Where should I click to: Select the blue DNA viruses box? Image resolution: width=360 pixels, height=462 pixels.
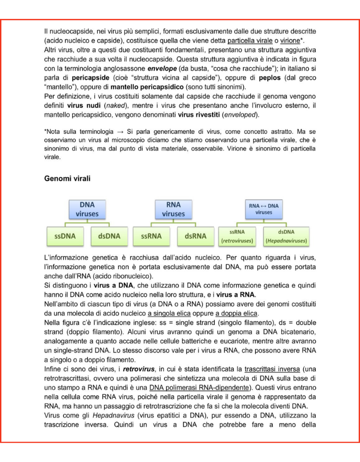[87, 209]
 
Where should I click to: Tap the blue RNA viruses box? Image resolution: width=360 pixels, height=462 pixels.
[173, 209]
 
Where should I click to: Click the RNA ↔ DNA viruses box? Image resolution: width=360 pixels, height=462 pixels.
[264, 209]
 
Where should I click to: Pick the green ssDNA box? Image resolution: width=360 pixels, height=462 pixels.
[65, 236]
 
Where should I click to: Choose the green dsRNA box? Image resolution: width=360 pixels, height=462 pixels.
[195, 236]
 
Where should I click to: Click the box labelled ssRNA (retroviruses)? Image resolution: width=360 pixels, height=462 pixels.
[237, 236]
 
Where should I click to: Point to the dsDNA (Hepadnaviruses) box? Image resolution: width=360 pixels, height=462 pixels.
[286, 236]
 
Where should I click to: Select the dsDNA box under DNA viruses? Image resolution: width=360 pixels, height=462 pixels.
[109, 236]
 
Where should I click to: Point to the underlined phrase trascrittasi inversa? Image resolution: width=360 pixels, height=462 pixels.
[273, 369]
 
